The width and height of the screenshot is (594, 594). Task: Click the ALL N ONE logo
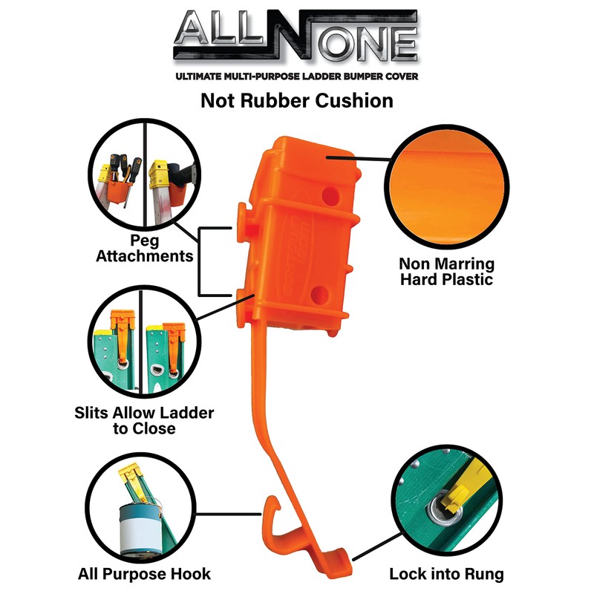[x=297, y=37]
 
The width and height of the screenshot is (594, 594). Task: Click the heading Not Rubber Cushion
[x=297, y=101]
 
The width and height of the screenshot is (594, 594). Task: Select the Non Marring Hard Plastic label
[x=446, y=272]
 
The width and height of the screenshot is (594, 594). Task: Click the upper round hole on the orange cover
[x=327, y=196]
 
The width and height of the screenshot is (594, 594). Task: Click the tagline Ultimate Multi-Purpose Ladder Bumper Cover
[x=297, y=76]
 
